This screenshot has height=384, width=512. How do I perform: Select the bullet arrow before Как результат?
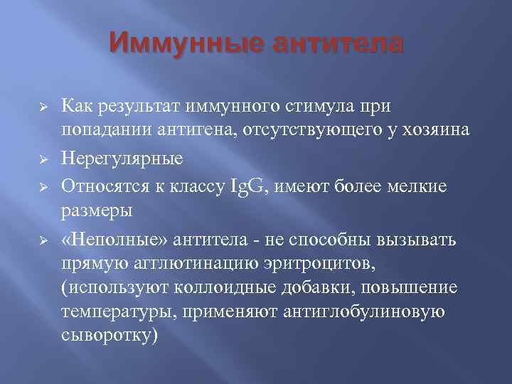click(x=43, y=107)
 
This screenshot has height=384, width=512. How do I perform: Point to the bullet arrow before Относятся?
click(x=43, y=186)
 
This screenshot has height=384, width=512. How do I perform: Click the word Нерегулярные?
click(x=122, y=159)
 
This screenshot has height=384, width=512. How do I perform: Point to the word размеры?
click(x=89, y=211)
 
